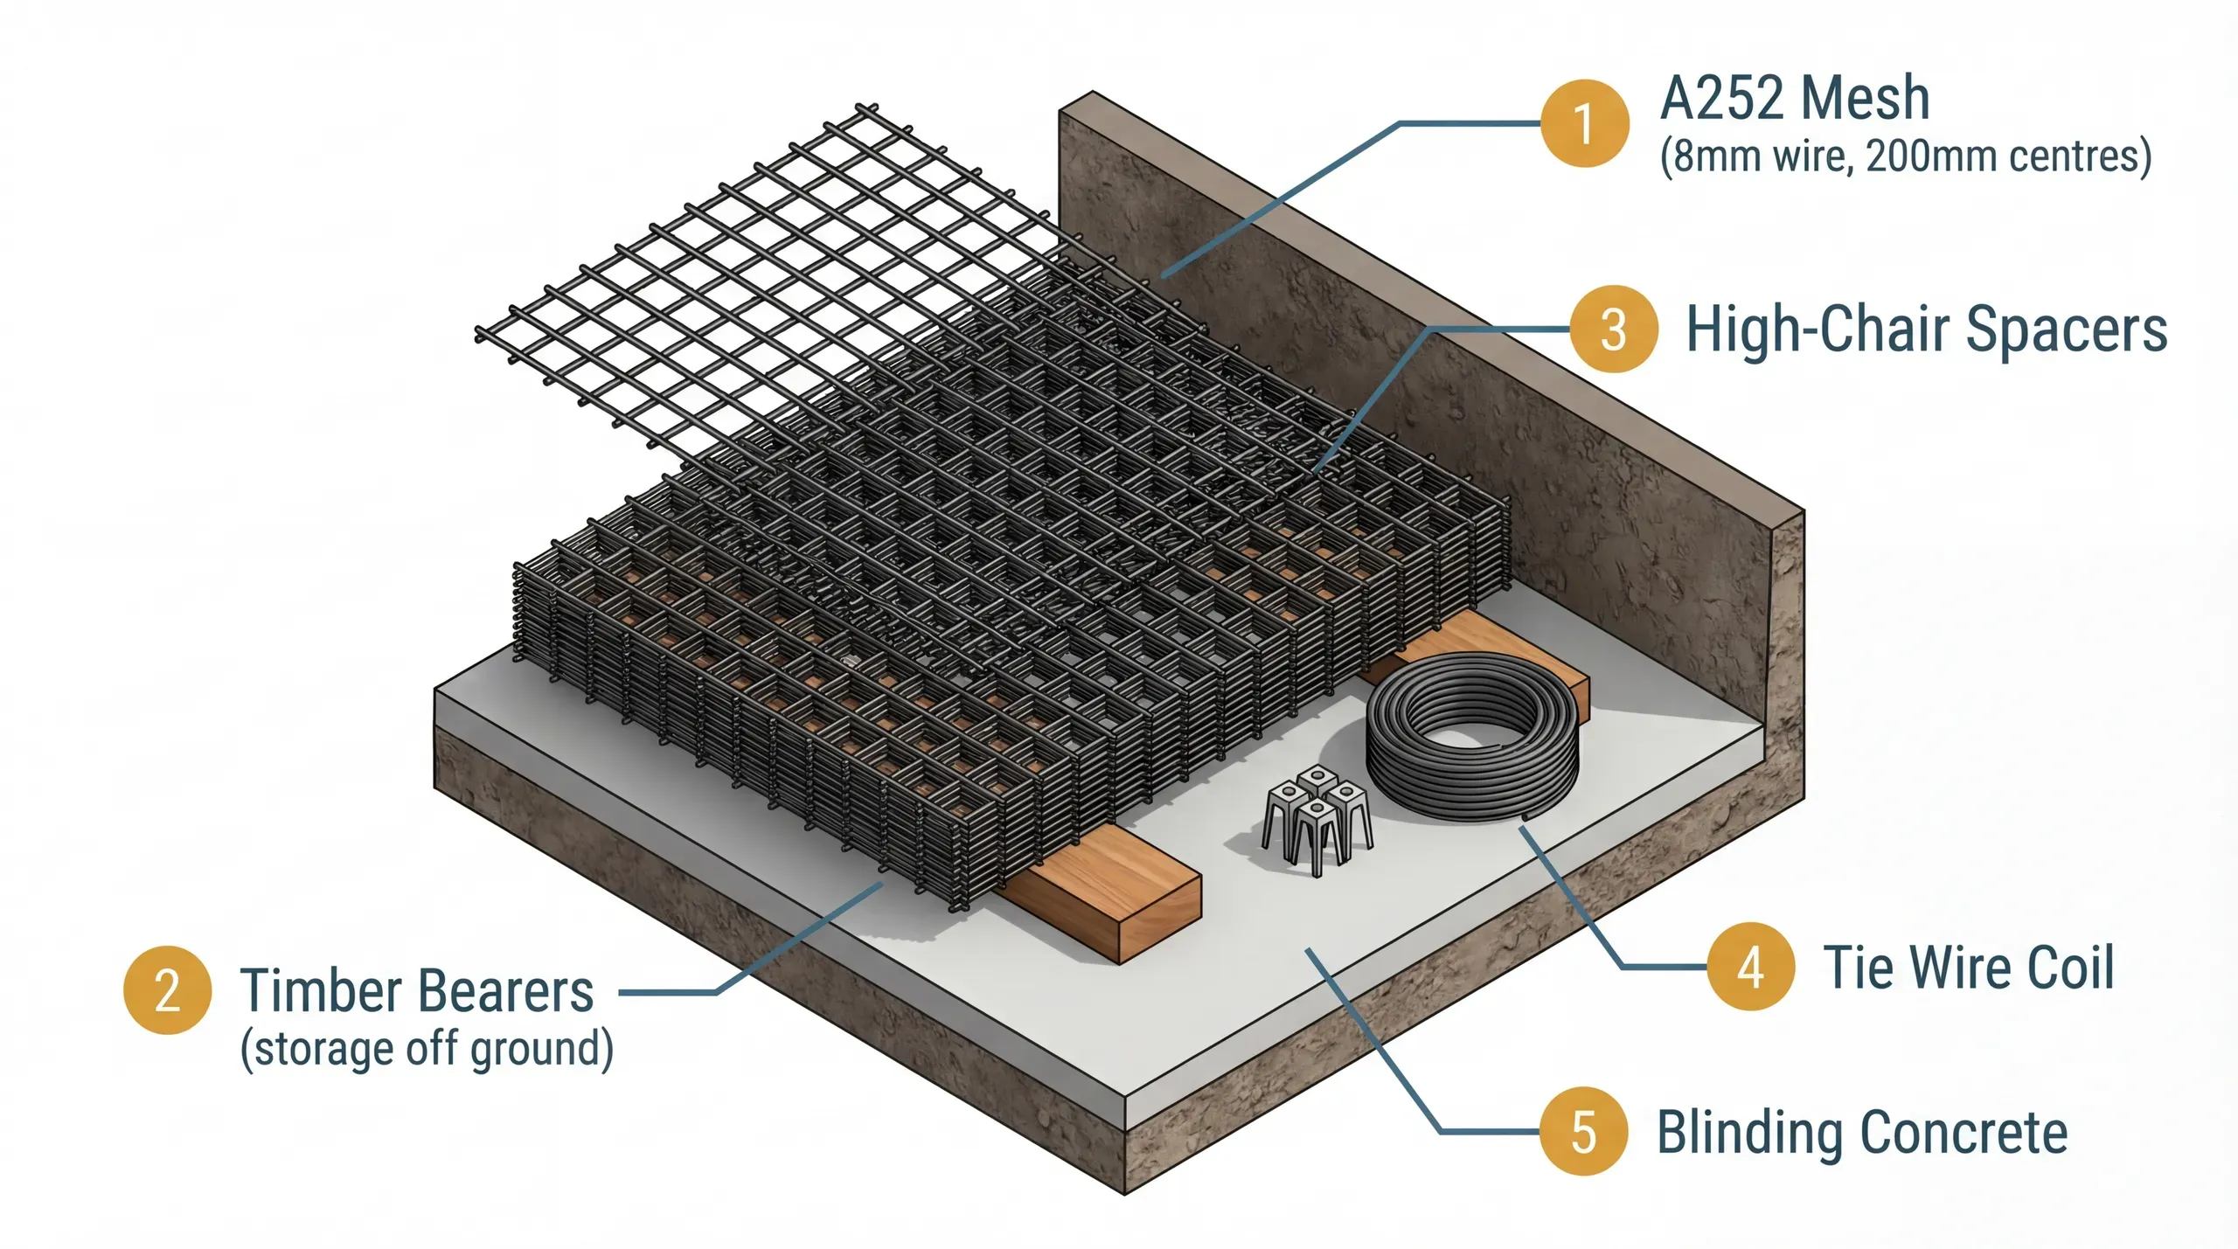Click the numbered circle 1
(1584, 123)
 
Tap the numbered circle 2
(167, 989)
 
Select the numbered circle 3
(1614, 329)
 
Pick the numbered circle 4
(1750, 967)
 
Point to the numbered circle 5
(1583, 1131)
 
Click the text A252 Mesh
(1794, 98)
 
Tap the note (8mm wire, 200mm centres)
(1905, 157)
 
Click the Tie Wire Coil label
(1968, 967)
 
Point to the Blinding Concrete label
(1862, 1133)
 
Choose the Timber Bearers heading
(417, 990)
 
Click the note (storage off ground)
(427, 1048)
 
